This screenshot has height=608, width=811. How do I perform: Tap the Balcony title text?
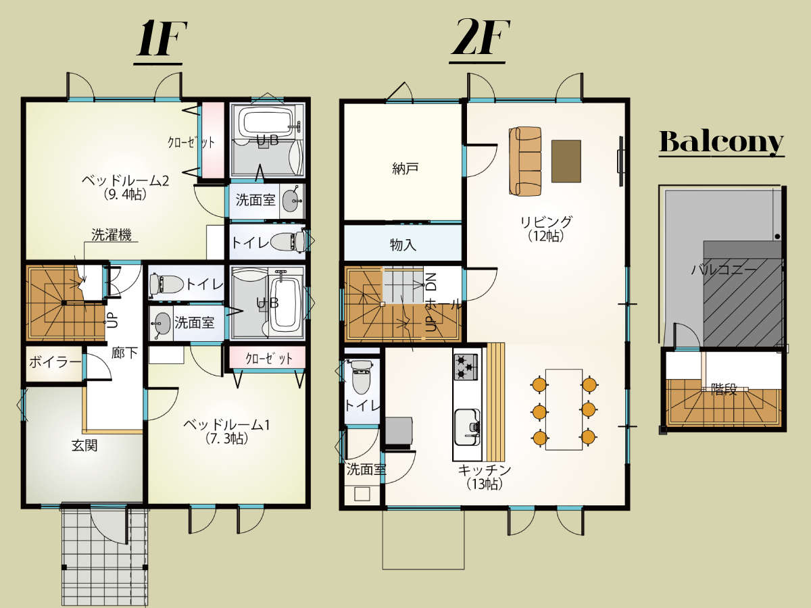coord(721,142)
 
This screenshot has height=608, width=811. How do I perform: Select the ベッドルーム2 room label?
coord(125,181)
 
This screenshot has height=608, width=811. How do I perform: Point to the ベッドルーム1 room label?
coord(226,425)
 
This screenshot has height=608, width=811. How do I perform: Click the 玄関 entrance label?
coord(84,446)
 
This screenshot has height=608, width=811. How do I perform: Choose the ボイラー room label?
coord(55,362)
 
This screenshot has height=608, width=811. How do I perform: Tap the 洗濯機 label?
coord(112,235)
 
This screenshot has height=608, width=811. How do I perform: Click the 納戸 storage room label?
coord(405,168)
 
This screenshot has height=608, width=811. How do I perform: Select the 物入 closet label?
coord(403,245)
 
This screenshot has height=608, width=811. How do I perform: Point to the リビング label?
coord(546,222)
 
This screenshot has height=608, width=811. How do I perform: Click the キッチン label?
coord(485,470)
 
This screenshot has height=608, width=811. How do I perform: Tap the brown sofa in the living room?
coord(525,161)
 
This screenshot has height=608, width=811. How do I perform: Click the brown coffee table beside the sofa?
coord(566,161)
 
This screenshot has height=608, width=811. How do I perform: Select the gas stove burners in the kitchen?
coord(466,367)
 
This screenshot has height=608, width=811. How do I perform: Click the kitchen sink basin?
coord(466,427)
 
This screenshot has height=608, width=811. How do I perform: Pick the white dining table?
coord(564,409)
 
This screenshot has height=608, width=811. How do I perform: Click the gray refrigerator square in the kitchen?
coord(399,431)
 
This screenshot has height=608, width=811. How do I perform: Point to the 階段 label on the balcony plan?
coord(724,390)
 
